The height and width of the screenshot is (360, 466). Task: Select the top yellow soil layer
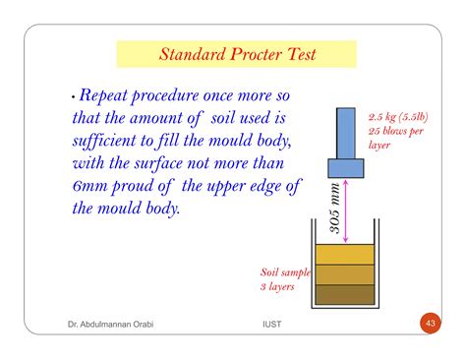pos(345,253)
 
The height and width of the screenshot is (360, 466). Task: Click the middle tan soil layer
pos(345,273)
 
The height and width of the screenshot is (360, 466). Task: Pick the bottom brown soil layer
pos(345,293)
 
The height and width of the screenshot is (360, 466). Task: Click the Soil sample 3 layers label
pos(283,279)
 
